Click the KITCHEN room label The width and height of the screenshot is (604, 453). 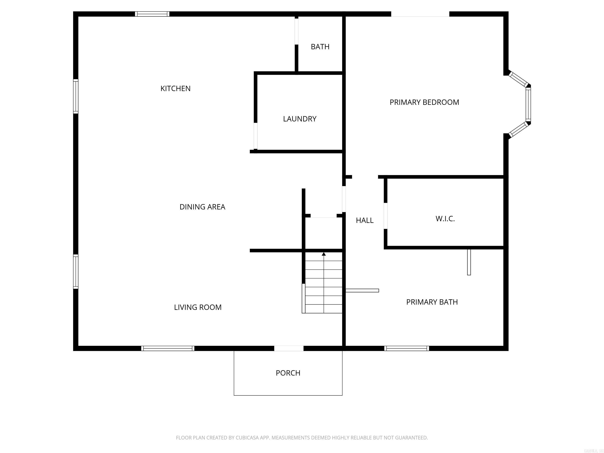tap(175, 88)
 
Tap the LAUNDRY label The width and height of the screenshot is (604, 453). tap(300, 119)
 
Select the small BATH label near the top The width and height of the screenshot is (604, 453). tap(320, 47)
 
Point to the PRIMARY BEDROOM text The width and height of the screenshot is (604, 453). tap(424, 102)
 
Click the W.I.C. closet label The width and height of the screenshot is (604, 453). tap(445, 219)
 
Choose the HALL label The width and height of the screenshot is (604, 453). tap(365, 220)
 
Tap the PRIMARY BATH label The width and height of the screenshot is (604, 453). tap(432, 302)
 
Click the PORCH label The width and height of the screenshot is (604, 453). tap(288, 373)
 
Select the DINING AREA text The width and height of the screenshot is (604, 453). tap(202, 207)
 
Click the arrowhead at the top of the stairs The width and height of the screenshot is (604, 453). tap(324, 254)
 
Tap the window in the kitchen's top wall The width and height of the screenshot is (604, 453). tap(152, 14)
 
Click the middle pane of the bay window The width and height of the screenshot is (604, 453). tap(528, 105)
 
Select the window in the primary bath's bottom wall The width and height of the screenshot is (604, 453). tap(406, 348)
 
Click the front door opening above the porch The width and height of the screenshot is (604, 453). tap(289, 348)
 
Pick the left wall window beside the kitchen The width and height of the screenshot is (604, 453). tap(76, 96)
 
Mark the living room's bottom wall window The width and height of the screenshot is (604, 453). tap(168, 348)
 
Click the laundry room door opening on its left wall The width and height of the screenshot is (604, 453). tap(256, 136)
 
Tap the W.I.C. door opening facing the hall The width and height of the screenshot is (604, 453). tap(385, 216)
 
